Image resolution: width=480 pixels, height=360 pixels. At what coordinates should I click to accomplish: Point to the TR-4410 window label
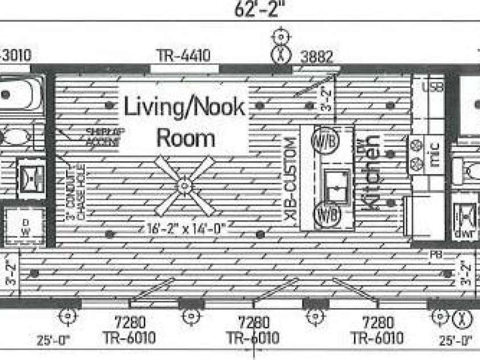pos(184,55)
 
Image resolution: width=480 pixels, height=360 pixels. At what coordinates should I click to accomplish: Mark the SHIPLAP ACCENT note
pos(103,137)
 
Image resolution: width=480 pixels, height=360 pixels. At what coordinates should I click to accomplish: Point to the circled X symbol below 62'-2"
pos(280,55)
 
